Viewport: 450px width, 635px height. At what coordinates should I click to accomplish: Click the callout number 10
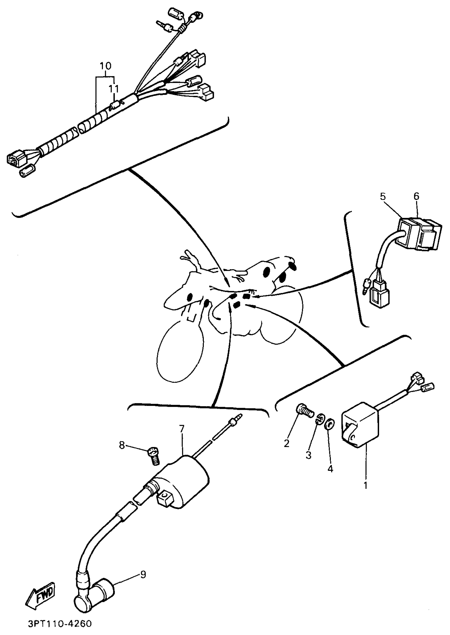tap(105, 66)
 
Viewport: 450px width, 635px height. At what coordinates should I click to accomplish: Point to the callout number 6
tap(416, 196)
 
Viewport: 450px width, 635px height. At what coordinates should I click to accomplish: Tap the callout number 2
tap(286, 443)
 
